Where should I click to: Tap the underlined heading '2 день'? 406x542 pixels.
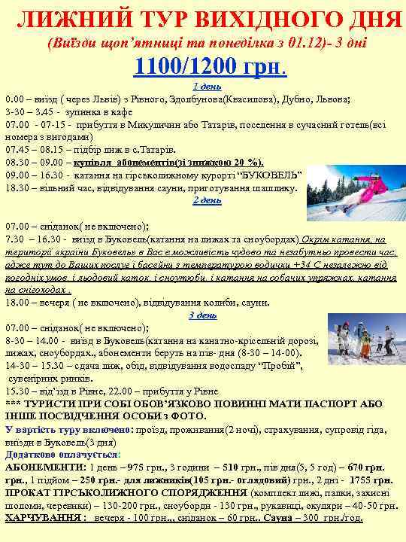(x=207, y=200)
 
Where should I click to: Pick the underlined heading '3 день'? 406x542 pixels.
(x=202, y=315)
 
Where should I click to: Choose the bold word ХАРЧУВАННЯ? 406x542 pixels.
(x=44, y=518)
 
